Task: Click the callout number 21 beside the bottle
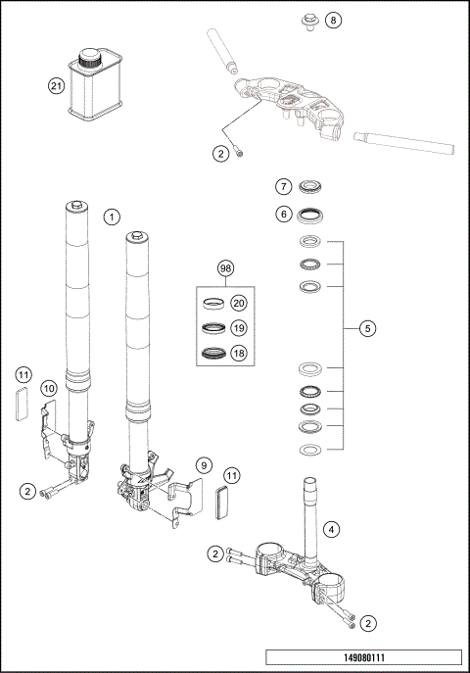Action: point(56,86)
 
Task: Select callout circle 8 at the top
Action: point(334,20)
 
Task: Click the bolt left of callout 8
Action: point(308,18)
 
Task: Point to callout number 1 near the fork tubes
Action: point(114,216)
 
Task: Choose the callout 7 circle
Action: point(282,186)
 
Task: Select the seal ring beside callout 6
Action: point(311,215)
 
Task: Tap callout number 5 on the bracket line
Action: point(367,328)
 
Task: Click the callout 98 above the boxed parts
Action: point(226,267)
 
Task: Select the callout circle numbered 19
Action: point(239,328)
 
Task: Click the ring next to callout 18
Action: point(214,353)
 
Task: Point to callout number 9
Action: point(204,464)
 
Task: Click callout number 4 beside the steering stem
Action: point(333,530)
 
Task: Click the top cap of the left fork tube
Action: point(75,205)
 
